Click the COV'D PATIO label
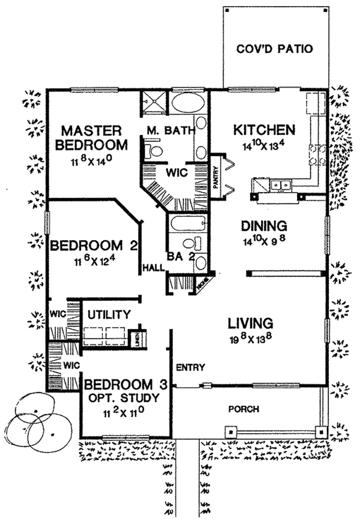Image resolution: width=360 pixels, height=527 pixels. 275,49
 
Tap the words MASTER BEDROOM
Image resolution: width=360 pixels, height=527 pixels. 94,137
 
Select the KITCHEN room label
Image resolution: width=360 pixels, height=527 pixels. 264,130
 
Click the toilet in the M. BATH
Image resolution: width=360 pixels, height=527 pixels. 155,149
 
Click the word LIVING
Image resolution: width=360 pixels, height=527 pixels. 251,324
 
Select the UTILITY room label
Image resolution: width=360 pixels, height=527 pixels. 109,314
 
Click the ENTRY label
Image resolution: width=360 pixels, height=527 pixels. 191,367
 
